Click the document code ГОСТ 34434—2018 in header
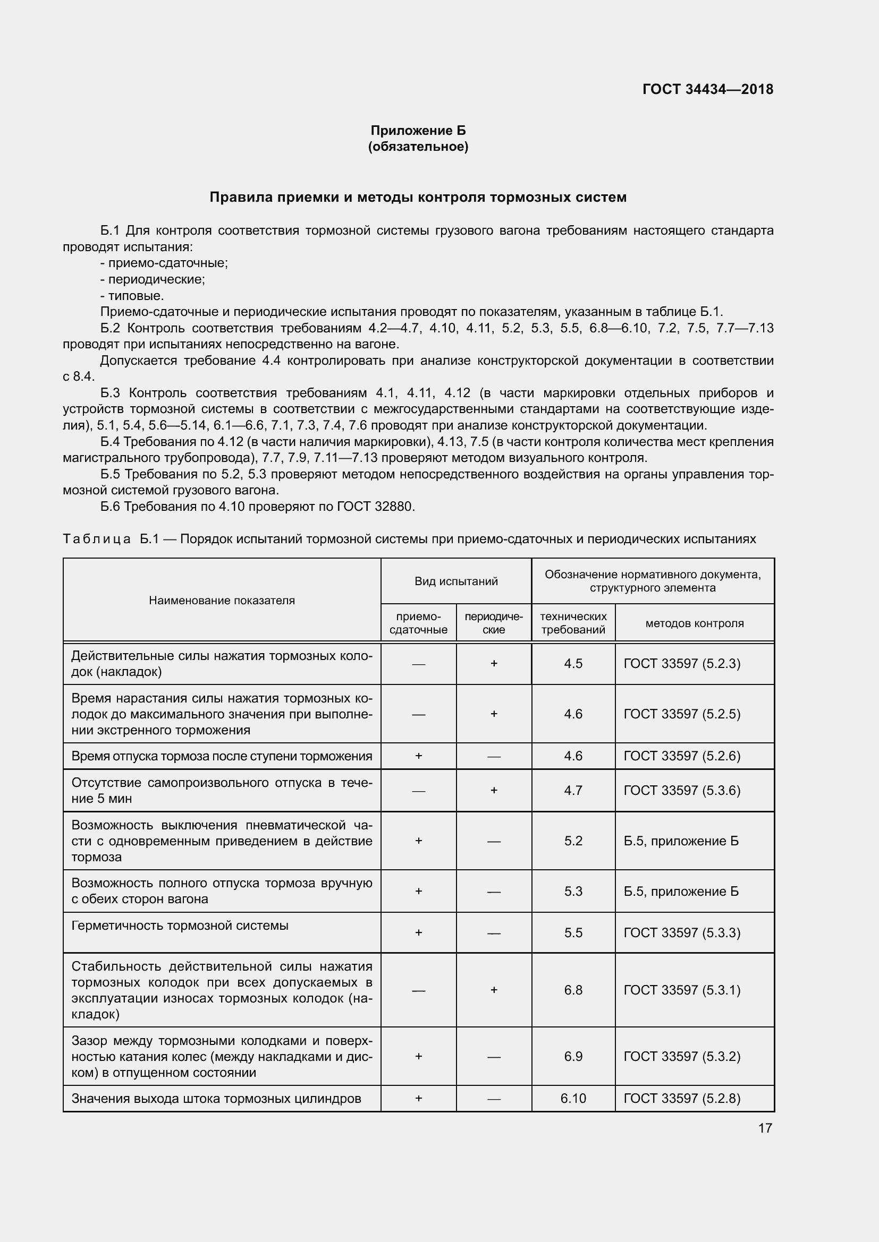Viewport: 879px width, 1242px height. (707, 89)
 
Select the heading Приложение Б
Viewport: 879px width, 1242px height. (418, 131)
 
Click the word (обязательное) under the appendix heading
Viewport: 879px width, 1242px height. (418, 147)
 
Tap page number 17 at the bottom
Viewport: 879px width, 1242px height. (765, 1128)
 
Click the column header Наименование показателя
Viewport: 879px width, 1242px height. (222, 600)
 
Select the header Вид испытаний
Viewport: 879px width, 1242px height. (456, 581)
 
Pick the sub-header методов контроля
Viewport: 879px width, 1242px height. (695, 623)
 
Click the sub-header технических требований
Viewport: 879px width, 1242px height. (573, 623)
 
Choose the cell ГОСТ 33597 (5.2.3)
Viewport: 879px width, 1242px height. (682, 663)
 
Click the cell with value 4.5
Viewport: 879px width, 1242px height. (573, 663)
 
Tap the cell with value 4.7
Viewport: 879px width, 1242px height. (573, 790)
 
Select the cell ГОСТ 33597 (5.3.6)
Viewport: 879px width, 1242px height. (682, 790)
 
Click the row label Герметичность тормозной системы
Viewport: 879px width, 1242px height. (180, 926)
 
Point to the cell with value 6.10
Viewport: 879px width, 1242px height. (573, 1098)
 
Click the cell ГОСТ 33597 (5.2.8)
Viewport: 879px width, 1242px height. (682, 1098)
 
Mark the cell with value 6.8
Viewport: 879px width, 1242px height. (573, 990)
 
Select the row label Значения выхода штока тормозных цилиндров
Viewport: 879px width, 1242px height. (216, 1098)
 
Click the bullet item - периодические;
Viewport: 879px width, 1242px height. (153, 280)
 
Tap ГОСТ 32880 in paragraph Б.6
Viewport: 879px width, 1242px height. (375, 507)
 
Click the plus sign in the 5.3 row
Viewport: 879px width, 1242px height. (418, 891)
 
